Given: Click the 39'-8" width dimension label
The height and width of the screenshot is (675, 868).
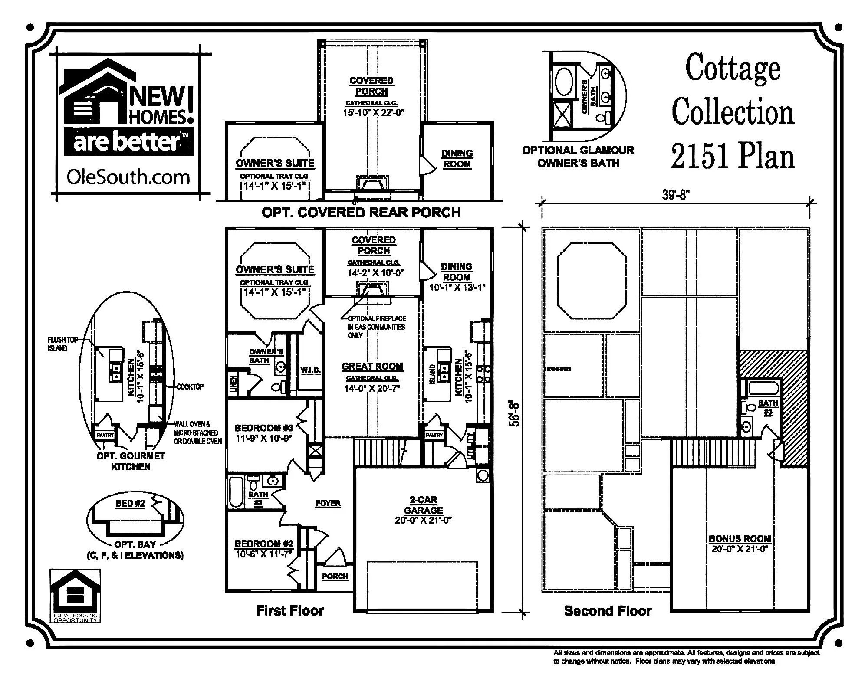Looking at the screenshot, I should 676,195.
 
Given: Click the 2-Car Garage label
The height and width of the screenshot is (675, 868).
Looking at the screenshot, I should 423,505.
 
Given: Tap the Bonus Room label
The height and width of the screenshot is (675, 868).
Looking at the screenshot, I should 740,539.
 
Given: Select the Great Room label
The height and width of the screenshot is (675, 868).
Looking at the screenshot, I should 372,367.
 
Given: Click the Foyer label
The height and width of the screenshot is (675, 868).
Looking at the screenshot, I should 328,503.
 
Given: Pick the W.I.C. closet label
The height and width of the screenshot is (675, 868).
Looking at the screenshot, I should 310,370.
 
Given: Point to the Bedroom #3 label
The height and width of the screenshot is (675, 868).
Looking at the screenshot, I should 264,428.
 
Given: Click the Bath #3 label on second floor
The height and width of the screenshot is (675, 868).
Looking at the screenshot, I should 768,407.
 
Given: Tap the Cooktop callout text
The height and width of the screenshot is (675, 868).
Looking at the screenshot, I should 190,387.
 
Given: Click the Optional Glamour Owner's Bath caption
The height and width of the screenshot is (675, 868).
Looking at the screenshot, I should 578,157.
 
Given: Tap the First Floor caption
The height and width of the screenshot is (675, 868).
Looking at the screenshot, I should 290,611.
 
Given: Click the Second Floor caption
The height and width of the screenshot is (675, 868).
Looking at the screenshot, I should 608,611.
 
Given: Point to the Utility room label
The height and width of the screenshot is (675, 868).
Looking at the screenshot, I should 470,446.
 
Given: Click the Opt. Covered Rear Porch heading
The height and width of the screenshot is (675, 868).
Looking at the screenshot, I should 361,213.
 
